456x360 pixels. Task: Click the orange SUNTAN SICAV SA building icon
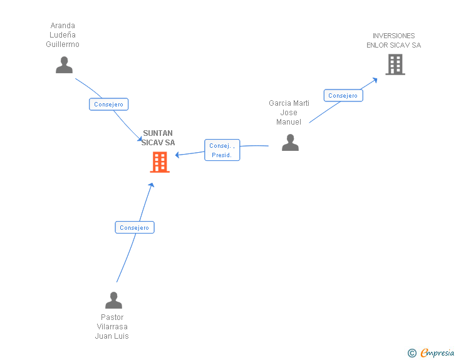160,162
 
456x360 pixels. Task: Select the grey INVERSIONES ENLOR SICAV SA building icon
395,64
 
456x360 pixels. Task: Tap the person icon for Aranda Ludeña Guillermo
64,65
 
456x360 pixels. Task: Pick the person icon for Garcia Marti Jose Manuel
290,143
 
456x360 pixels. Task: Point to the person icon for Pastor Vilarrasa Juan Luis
113,301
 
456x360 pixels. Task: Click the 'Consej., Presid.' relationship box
222,150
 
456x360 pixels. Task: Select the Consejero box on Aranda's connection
109,105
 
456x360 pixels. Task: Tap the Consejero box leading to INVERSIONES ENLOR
343,96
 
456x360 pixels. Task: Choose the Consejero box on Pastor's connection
134,228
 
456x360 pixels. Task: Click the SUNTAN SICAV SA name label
158,138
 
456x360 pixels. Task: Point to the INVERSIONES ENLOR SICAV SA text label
393,41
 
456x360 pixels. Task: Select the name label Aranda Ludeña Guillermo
63,35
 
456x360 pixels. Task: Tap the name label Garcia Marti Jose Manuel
289,113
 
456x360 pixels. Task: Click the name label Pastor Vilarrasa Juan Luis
111,327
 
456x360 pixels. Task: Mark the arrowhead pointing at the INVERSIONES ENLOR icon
375,79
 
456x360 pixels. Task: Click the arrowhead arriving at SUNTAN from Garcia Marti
178,155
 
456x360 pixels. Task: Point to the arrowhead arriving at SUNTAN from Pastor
151,185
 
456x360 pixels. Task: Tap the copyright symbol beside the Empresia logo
412,353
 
